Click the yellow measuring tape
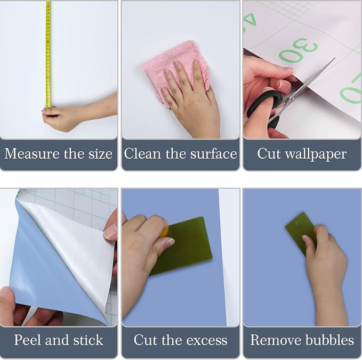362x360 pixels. [x=49, y=54]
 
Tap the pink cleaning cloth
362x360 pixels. [x=175, y=67]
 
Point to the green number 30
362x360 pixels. [x=298, y=50]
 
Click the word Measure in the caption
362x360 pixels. [x=31, y=153]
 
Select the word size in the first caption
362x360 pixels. [x=100, y=154]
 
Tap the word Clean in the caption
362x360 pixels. [x=142, y=153]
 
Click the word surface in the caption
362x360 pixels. [x=214, y=154]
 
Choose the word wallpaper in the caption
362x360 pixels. [x=316, y=154]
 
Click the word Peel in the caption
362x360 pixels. [x=28, y=340]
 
